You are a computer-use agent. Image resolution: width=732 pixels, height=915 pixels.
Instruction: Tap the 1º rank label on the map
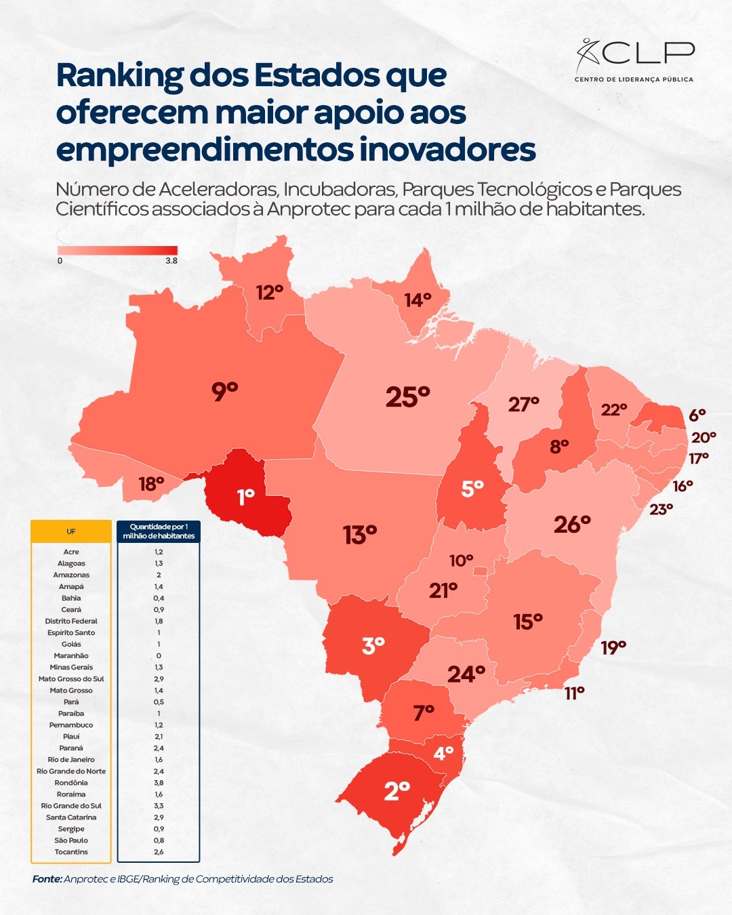[245, 497]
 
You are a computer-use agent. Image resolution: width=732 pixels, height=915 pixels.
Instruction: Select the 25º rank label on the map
[407, 396]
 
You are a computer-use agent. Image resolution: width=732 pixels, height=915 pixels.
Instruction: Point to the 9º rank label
[224, 391]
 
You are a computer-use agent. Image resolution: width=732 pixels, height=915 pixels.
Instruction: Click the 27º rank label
[523, 405]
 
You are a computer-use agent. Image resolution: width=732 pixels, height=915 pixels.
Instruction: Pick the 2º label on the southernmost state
[396, 791]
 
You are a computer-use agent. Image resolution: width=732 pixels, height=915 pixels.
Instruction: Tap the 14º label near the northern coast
[418, 300]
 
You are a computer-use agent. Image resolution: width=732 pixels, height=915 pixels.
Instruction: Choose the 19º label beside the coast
[613, 648]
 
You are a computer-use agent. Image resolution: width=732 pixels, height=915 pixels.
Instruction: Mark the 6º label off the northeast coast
[697, 415]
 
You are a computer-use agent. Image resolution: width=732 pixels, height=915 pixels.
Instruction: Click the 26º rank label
[572, 525]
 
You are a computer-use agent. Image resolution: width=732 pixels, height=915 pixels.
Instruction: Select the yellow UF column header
[71, 531]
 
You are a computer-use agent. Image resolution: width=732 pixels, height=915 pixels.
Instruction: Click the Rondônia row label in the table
[71, 783]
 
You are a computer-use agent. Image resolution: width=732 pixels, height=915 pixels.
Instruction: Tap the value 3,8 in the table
[159, 783]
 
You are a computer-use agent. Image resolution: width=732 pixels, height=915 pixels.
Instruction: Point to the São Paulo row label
[71, 840]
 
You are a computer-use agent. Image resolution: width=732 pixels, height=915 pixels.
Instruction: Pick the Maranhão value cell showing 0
[159, 655]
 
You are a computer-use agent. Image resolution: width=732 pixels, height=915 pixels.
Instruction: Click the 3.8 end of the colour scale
[171, 261]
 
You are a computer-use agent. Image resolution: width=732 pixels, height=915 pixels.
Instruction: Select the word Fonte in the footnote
[47, 879]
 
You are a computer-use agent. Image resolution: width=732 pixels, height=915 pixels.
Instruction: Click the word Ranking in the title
[119, 75]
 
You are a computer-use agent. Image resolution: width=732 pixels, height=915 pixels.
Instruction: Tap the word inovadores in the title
[447, 150]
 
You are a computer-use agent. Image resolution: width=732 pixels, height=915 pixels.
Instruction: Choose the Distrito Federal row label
[71, 621]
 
